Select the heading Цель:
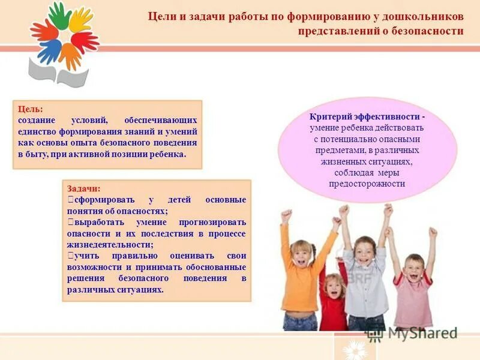[x=31, y=109]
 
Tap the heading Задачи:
[x=84, y=188]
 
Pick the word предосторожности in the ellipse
[x=367, y=184]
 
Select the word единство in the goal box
[x=37, y=131]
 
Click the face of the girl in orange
[x=302, y=253]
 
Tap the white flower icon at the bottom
[x=355, y=349]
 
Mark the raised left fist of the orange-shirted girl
[x=287, y=214]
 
